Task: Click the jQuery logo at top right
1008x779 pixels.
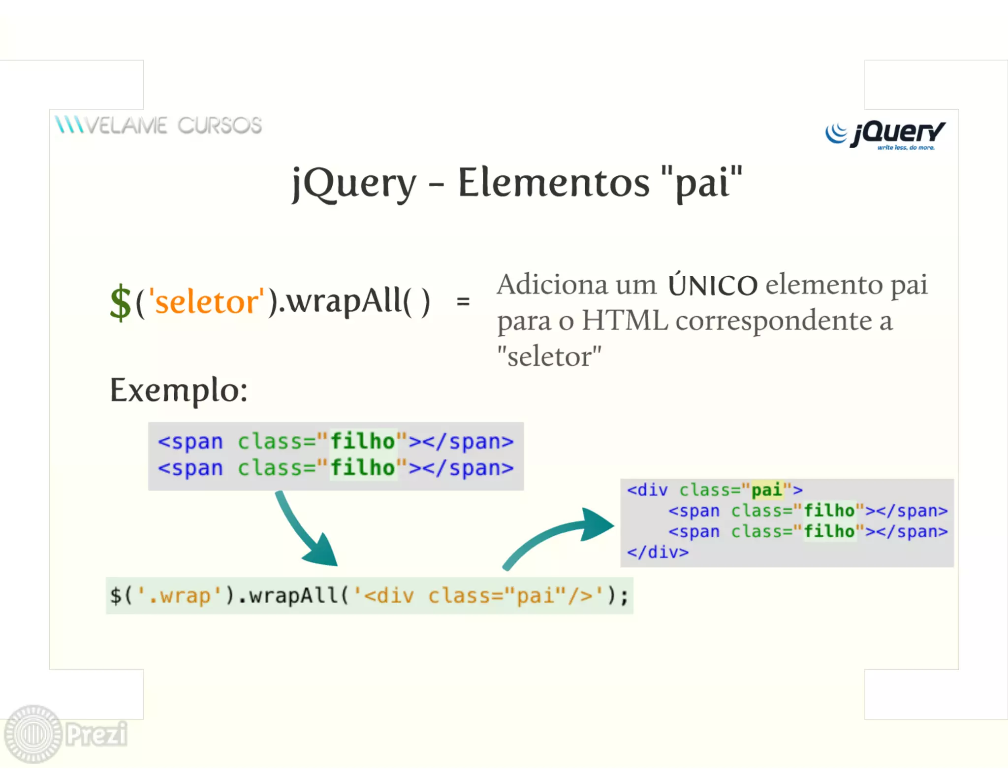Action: click(885, 134)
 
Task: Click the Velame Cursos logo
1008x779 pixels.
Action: click(158, 125)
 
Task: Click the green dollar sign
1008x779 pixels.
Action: click(120, 302)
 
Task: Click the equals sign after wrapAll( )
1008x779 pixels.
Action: click(463, 301)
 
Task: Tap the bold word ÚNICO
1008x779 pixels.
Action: click(712, 286)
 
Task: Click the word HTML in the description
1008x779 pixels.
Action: click(625, 321)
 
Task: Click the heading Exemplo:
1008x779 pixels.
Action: click(179, 390)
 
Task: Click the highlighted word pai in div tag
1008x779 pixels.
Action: click(766, 490)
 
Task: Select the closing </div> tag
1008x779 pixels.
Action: click(658, 552)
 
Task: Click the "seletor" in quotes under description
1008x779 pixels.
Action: click(549, 357)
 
